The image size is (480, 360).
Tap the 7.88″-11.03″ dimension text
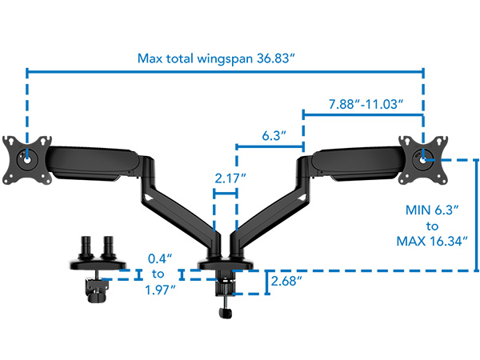tap(365, 104)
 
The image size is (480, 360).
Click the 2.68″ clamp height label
tap(287, 282)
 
